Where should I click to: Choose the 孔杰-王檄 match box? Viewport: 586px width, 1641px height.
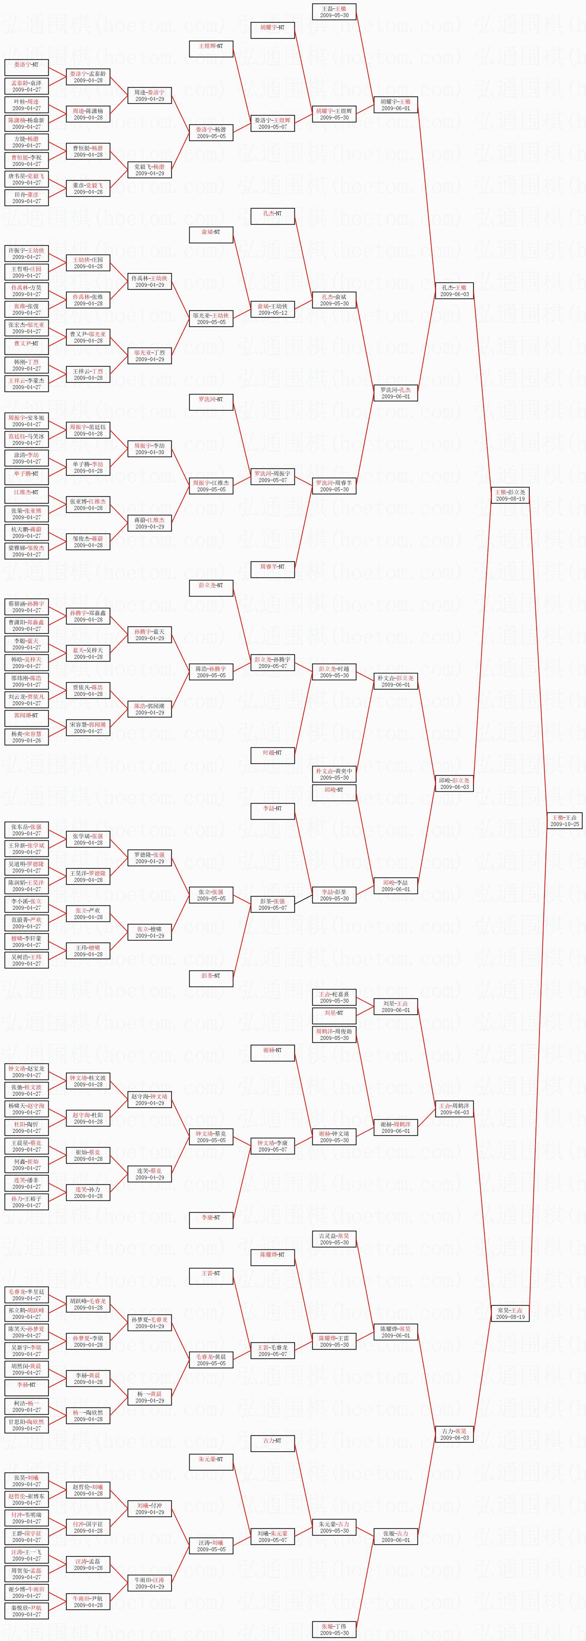[x=454, y=290]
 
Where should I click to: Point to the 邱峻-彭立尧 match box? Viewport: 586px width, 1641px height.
[x=454, y=783]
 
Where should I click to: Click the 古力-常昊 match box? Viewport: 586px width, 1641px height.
[x=454, y=1434]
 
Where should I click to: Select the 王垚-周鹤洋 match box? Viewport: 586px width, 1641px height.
[x=454, y=1109]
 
